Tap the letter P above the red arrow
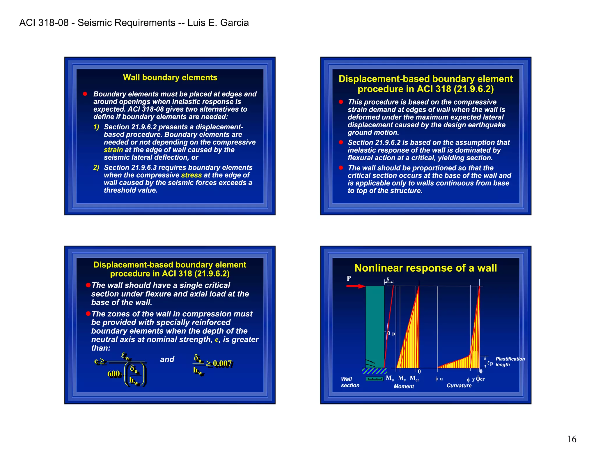(349, 278)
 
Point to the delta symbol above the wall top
(388, 280)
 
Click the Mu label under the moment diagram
(390, 378)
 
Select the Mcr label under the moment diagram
(414, 378)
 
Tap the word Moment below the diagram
(404, 386)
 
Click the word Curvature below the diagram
(459, 386)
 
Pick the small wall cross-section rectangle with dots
(375, 379)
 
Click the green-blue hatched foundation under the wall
(374, 371)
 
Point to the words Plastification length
(510, 362)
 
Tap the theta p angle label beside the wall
(391, 334)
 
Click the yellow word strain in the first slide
(113, 150)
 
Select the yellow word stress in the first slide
(191, 175)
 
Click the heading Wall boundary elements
(170, 78)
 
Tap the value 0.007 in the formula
(222, 363)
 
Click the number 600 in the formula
(114, 374)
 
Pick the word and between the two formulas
(167, 359)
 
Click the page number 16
(572, 439)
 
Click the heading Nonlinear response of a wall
(425, 268)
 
